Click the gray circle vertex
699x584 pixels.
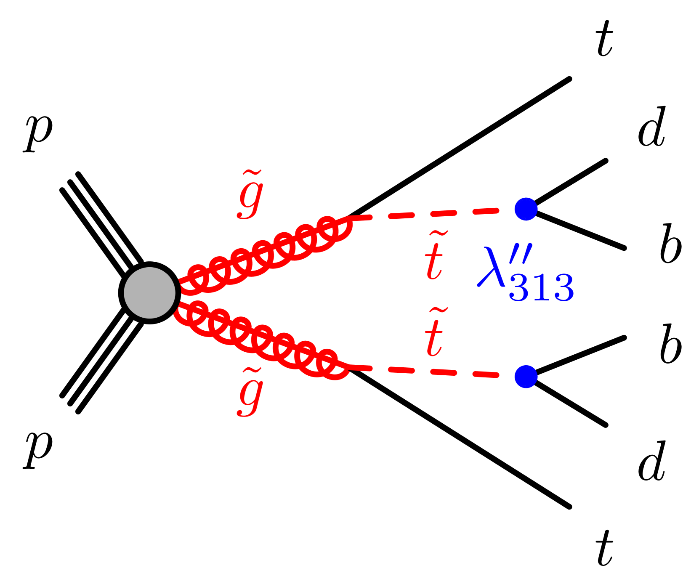pyautogui.click(x=149, y=293)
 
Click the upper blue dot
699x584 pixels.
pyautogui.click(x=526, y=209)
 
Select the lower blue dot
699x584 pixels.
pyautogui.click(x=526, y=377)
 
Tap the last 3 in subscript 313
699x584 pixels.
pyautogui.click(x=564, y=288)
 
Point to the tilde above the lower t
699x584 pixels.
pyautogui.click(x=439, y=311)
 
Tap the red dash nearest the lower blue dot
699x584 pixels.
pyautogui.click(x=486, y=374)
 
